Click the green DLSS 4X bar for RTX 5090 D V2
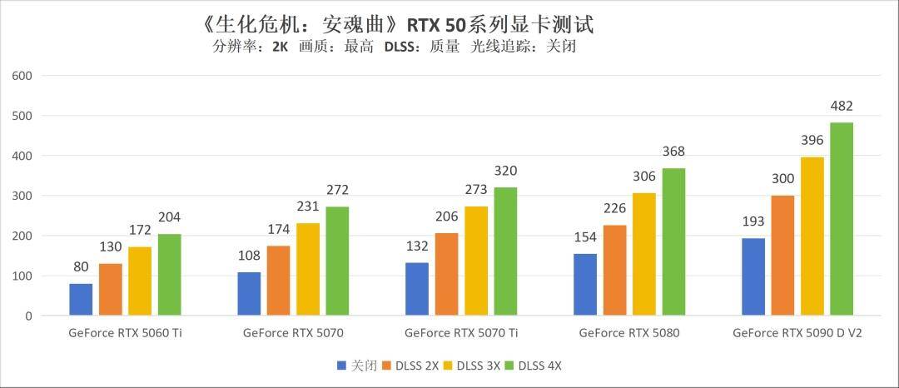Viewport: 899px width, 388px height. [x=841, y=219]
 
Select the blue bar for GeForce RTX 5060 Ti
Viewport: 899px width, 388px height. [x=81, y=300]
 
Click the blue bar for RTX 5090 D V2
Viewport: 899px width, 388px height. [x=752, y=277]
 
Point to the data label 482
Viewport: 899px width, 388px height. [x=842, y=107]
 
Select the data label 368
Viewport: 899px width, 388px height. [x=673, y=152]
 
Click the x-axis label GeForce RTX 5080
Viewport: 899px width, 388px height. [x=629, y=333]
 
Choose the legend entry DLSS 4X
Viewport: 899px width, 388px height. [x=538, y=366]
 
